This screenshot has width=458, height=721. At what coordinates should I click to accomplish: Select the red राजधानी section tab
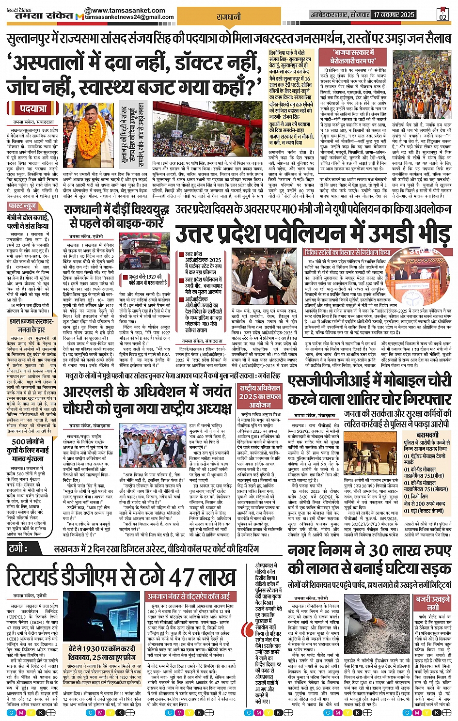[229, 16]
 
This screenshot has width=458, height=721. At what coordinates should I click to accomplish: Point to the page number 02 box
[442, 15]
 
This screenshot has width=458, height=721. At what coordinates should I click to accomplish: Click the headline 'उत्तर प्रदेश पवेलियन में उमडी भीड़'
[313, 233]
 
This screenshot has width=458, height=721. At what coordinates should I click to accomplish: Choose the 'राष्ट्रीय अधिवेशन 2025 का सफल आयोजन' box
[260, 396]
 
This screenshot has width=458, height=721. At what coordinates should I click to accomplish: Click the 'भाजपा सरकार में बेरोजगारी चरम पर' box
[353, 57]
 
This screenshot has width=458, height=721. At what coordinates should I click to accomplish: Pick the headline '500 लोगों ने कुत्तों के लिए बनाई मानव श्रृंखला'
[30, 450]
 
